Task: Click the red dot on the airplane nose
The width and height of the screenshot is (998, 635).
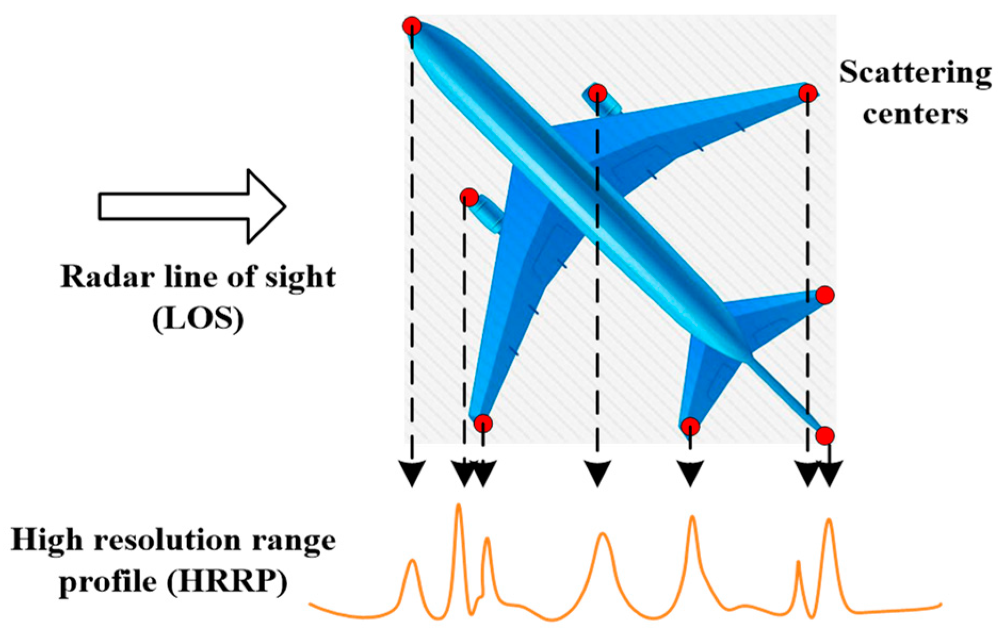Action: [412, 26]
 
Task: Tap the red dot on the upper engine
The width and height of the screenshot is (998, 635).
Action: [598, 93]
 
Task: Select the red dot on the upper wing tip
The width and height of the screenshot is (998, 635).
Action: [808, 93]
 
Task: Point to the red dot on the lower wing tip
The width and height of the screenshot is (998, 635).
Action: [483, 424]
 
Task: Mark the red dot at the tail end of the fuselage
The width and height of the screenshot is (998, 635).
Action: [825, 435]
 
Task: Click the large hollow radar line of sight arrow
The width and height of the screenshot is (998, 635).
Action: [192, 207]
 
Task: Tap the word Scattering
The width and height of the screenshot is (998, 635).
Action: [915, 72]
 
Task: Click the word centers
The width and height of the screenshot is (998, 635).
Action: [915, 113]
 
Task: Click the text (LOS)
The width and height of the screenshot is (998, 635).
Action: [198, 319]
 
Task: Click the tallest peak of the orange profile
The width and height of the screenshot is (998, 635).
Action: [459, 506]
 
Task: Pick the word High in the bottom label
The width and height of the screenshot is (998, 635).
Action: [47, 540]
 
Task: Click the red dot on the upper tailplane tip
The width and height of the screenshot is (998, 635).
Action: [825, 294]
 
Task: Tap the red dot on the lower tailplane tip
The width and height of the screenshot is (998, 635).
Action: [690, 426]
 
